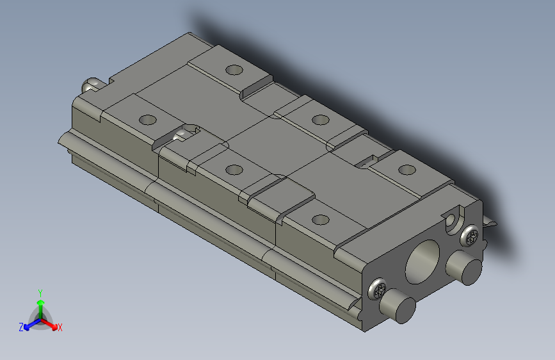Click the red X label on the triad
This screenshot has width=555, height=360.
click(60, 328)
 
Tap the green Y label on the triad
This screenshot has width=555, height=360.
click(40, 292)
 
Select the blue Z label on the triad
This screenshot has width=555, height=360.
click(21, 327)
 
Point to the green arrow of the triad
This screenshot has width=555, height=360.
click(40, 306)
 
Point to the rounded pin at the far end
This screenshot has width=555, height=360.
click(91, 84)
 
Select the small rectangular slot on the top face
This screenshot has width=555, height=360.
click(366, 161)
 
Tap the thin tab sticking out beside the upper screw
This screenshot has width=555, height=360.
click(490, 224)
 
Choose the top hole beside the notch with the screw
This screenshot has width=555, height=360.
click(148, 120)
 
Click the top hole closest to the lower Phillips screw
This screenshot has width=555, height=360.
click(320, 220)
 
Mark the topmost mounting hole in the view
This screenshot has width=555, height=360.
click(234, 69)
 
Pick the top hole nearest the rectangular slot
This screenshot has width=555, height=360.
click(406, 170)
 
